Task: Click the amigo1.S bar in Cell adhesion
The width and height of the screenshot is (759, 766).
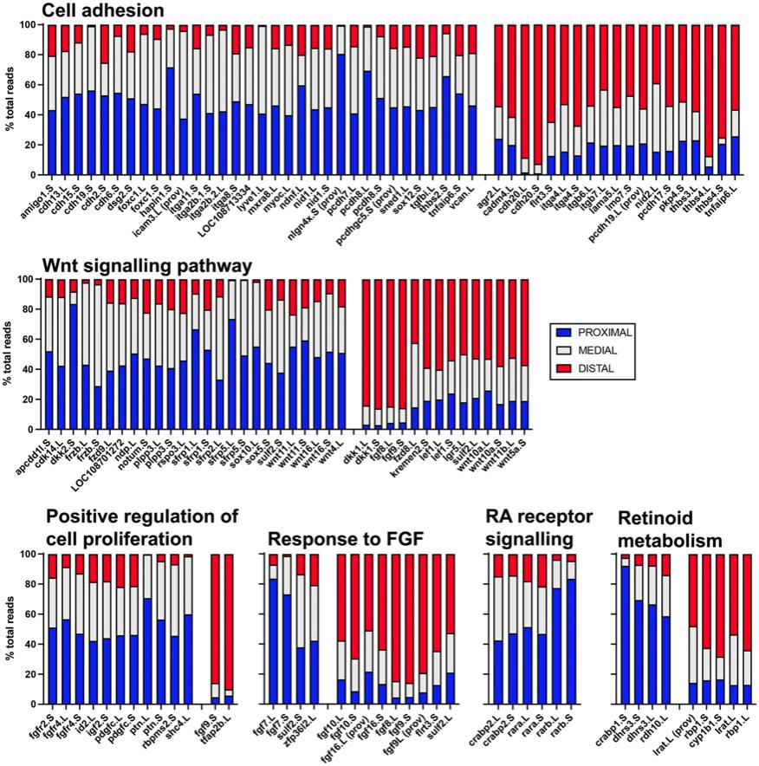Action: pos(51,100)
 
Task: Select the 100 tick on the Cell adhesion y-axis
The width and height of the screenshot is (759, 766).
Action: pos(28,25)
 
